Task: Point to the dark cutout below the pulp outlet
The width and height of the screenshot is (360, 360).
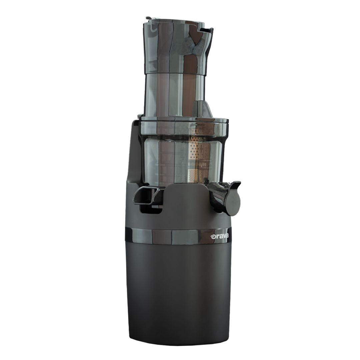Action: pos(152,209)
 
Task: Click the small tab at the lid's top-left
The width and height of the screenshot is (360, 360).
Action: pos(149,19)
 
